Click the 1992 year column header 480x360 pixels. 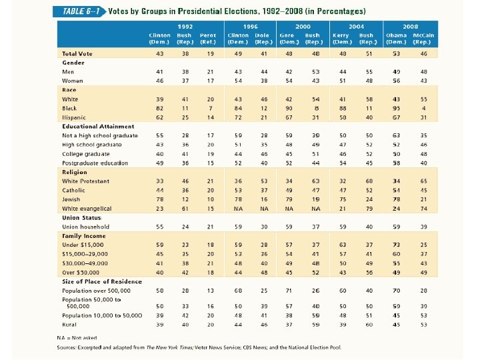coord(185,27)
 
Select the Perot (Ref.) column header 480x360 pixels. coord(209,37)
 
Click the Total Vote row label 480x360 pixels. coord(78,53)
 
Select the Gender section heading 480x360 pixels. coord(73,61)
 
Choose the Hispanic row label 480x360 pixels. coord(75,117)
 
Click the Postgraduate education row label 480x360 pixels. coord(95,163)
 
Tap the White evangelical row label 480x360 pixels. coord(88,209)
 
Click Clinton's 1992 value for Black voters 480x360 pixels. coord(160,108)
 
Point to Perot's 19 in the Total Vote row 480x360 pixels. coord(211,53)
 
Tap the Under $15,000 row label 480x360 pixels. coord(83,245)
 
